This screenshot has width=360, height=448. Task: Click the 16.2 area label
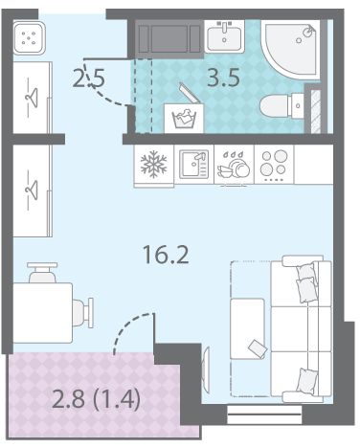point(166,255)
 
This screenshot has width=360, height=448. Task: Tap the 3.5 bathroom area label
point(223,78)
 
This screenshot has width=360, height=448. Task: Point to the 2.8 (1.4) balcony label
point(96,399)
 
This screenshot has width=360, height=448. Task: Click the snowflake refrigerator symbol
point(154,164)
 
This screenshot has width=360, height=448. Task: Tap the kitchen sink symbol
point(194,164)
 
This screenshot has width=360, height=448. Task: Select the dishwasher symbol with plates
point(234,165)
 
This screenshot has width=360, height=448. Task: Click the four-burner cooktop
point(274,165)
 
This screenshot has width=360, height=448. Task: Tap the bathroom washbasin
point(224,36)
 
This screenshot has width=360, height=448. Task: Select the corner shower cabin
point(290,50)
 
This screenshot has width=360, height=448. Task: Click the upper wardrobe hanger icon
point(32,97)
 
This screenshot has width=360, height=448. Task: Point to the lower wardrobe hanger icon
point(32,190)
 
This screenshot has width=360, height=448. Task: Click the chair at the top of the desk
point(42,273)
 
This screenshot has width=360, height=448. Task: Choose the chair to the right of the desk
point(83,313)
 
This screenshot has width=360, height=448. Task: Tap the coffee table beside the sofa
point(247,328)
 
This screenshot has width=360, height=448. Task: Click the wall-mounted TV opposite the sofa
point(206,370)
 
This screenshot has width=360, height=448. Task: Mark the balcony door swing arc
point(129,327)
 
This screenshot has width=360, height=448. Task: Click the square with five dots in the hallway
point(29,38)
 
